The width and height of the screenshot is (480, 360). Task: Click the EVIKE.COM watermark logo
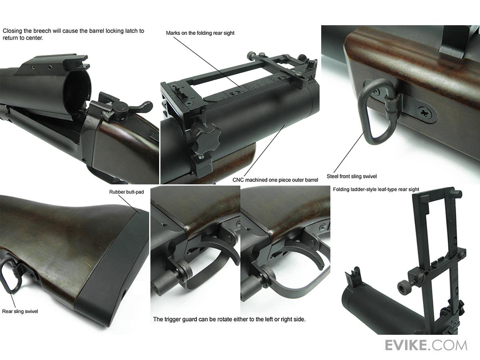coord(426,345)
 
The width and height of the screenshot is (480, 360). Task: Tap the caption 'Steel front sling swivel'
coord(352,176)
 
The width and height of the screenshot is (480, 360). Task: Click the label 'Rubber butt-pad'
coord(126,192)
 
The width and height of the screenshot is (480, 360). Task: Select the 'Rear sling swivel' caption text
coord(20,311)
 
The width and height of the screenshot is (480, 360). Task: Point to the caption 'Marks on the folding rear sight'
coord(200,33)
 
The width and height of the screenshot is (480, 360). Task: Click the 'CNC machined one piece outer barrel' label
coord(275,180)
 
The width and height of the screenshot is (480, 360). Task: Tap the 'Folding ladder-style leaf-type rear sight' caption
coord(376,189)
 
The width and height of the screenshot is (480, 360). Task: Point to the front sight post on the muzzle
coord(352,277)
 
